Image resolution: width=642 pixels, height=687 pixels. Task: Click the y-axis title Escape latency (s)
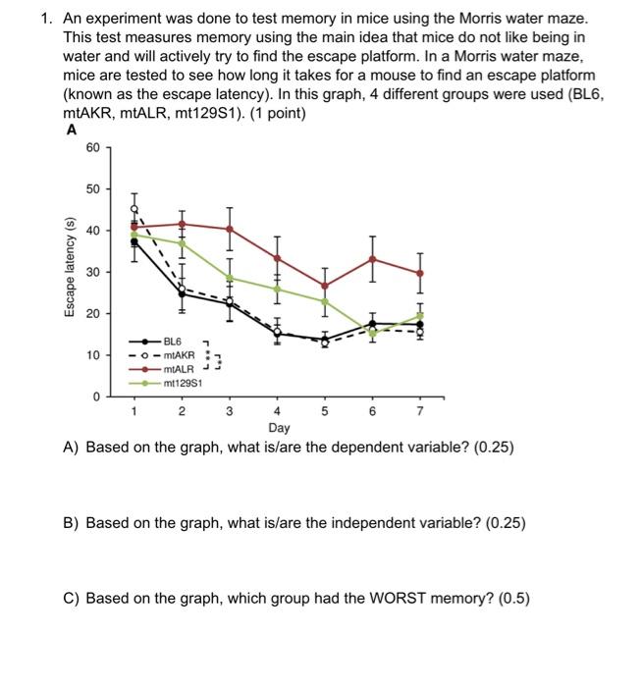pos(68,271)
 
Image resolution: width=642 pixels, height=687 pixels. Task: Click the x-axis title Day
pos(278,428)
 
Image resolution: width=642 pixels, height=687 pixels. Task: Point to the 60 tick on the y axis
pos(92,147)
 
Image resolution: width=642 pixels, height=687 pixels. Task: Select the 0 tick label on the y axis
pos(96,396)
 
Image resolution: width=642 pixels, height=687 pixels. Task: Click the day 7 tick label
pos(419,411)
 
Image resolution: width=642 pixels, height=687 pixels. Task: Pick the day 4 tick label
pos(278,411)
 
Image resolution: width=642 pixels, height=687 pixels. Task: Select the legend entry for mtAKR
pos(181,353)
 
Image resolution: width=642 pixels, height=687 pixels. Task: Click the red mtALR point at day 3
pos(230,229)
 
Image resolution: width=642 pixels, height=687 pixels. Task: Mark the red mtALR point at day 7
pos(420,273)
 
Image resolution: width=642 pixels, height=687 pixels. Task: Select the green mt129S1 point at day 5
pos(325,300)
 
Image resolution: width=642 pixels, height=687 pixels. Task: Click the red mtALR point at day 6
pos(372,258)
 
